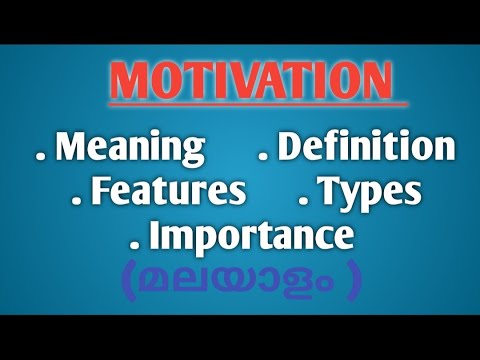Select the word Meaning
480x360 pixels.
tap(130, 148)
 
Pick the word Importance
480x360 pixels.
tap(251, 237)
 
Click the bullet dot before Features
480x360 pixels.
tap(78, 200)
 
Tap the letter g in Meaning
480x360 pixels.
tap(190, 153)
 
